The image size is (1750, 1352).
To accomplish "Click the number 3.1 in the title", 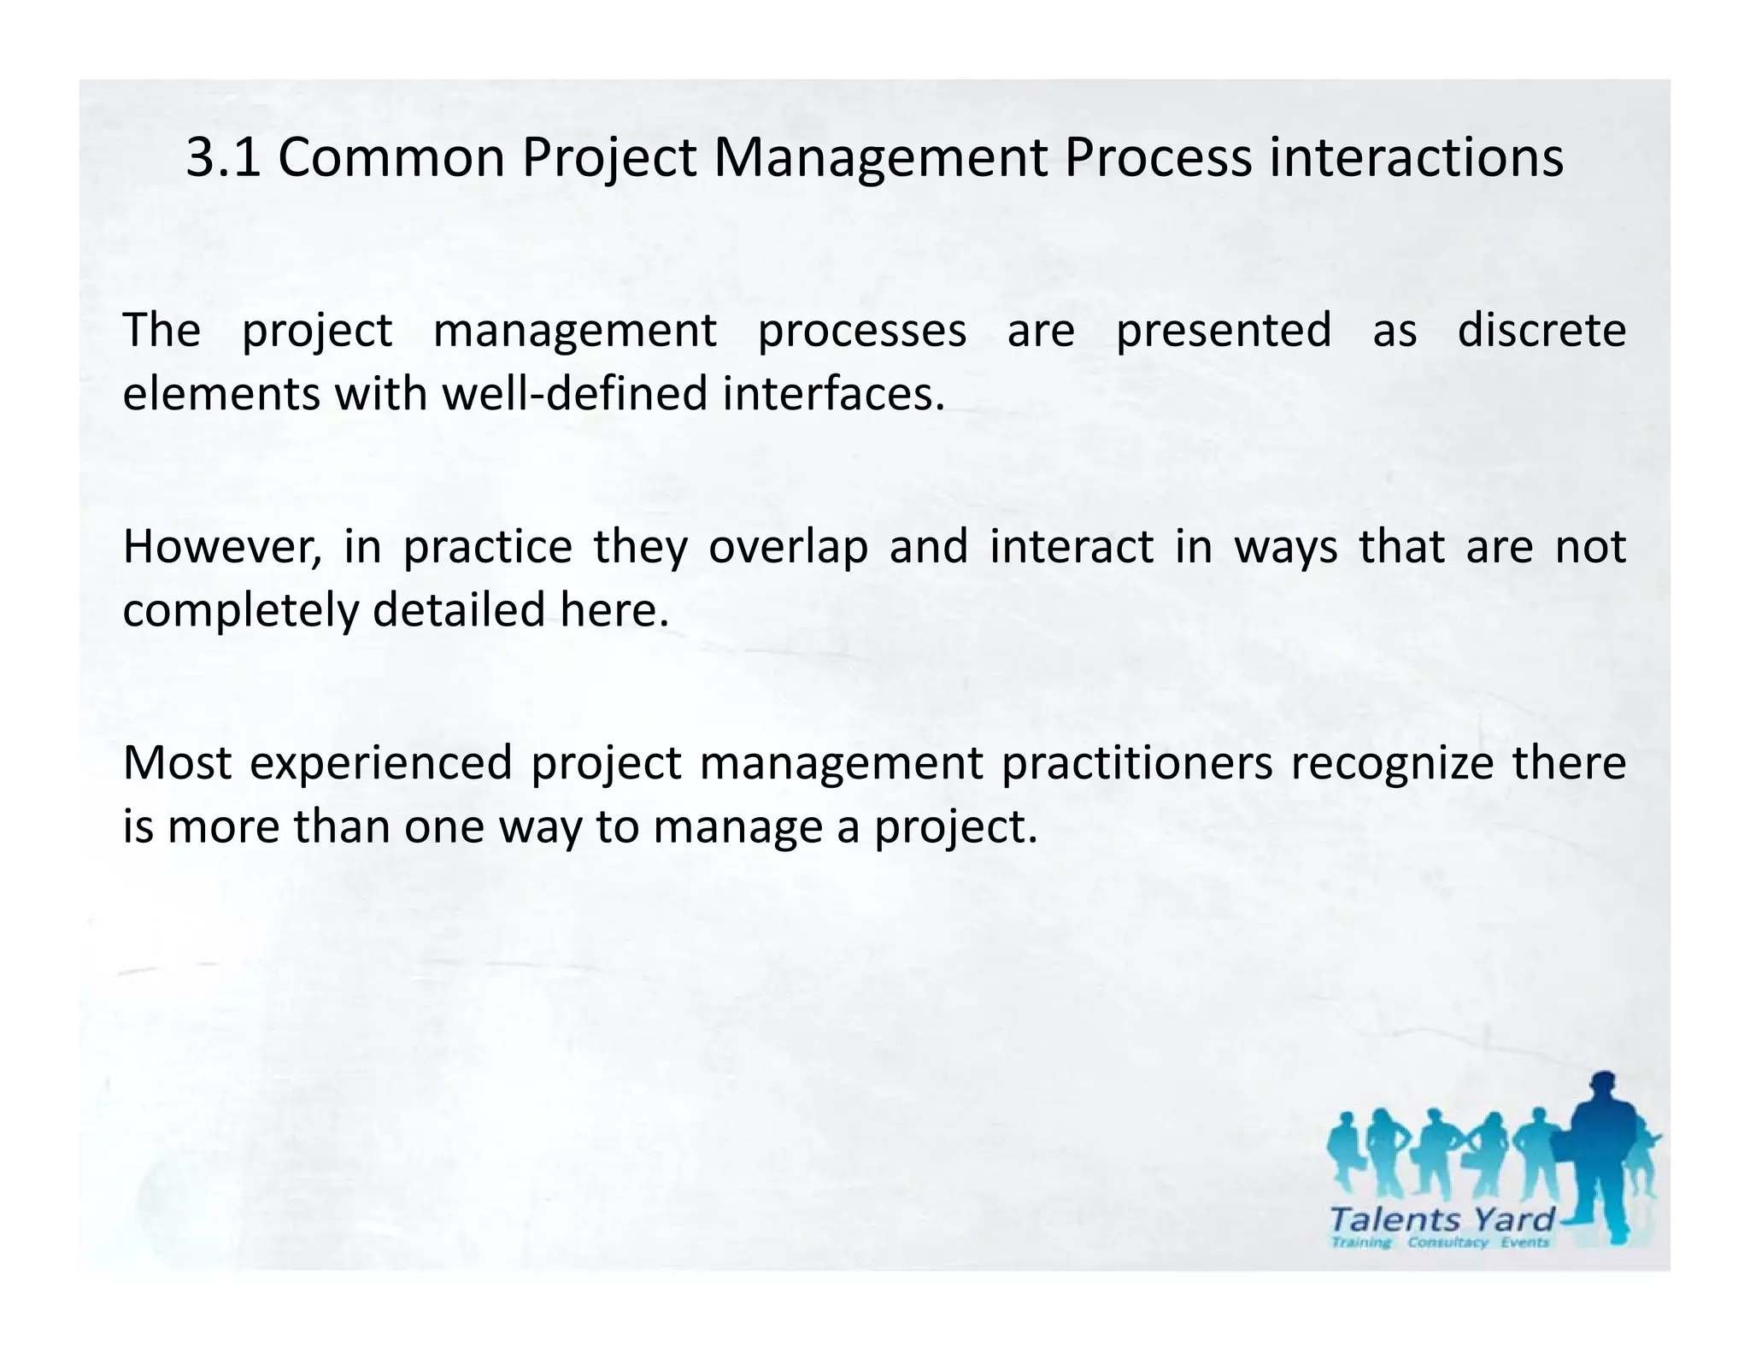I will point(223,158).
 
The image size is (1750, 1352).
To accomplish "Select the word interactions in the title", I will point(1416,158).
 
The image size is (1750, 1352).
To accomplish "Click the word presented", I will point(1224,332).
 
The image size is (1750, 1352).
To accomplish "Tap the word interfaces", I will point(833,394).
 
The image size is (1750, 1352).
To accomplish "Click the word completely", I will point(241,611).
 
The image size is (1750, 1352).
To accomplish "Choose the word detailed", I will point(459,609).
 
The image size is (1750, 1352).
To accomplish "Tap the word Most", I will point(177,762).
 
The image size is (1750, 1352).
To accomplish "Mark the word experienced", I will point(380,764).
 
